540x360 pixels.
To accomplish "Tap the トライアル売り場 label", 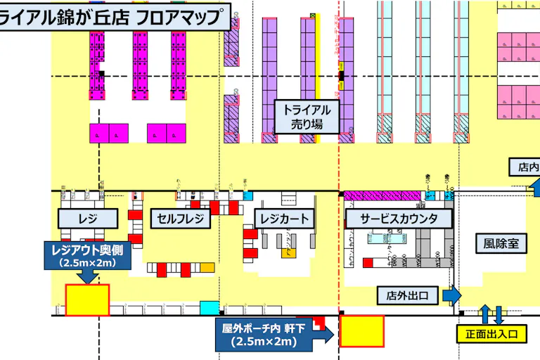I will [307, 117].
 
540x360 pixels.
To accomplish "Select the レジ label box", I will [88, 219].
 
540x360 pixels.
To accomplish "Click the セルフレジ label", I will [181, 219].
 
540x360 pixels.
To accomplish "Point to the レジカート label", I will [281, 219].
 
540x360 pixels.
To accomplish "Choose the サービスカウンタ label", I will [399, 219].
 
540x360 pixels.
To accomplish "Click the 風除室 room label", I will [501, 243].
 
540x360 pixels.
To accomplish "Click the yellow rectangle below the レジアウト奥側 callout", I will [88, 300].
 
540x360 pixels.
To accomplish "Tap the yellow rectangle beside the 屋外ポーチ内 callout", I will [362, 331].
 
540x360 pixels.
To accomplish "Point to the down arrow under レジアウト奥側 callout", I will [88, 276].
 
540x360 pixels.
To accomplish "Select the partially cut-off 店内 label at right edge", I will [526, 167].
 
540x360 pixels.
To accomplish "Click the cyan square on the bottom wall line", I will [209, 307].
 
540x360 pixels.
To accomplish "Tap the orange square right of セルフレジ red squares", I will [207, 268].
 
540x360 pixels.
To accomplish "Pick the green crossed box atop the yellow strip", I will [311, 15].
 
